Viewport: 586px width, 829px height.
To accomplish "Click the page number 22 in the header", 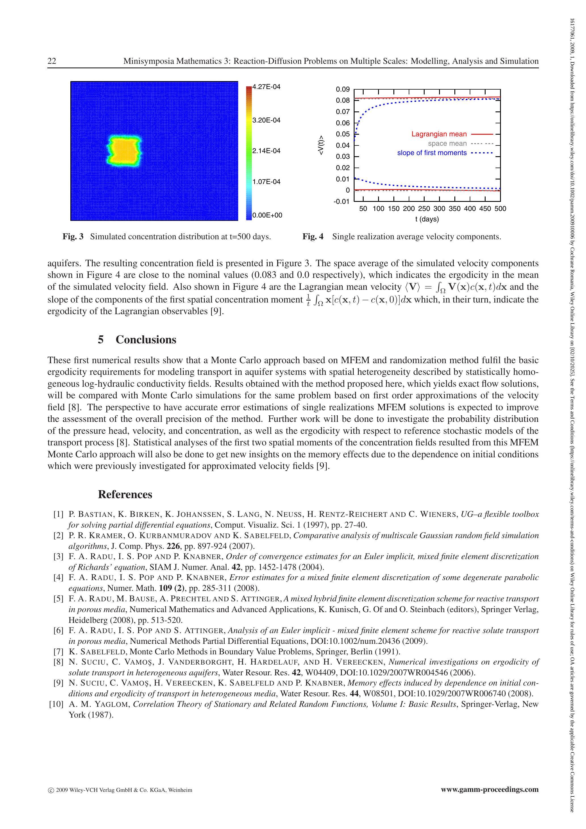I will (52, 61).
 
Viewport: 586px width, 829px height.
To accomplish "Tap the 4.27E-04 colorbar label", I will (266, 87).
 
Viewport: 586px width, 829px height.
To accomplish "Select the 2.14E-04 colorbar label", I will (266, 151).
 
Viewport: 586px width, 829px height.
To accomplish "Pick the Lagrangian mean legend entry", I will (439, 134).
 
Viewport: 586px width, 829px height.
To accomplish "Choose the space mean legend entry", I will (447, 143).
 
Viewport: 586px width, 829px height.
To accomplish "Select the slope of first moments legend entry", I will (432, 153).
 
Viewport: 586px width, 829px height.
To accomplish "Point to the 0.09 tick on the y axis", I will (343, 89).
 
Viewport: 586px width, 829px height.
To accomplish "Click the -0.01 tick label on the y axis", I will (342, 202).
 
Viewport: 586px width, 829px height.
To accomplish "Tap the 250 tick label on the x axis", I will (424, 209).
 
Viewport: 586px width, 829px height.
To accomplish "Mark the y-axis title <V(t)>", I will (321, 145).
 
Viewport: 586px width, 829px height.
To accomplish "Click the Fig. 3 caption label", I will (73, 237).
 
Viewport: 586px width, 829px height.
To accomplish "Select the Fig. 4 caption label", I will (313, 237).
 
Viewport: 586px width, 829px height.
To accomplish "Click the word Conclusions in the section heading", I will (146, 340).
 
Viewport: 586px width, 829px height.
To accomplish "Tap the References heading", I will (125, 494).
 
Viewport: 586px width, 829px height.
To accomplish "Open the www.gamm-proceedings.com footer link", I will (490, 790).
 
